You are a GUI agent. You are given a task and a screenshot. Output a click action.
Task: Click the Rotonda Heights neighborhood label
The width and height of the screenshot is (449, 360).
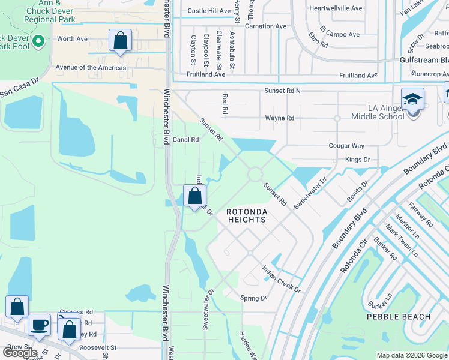click(x=246, y=216)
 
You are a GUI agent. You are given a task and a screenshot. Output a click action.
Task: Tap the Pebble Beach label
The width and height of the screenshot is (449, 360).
click(x=399, y=317)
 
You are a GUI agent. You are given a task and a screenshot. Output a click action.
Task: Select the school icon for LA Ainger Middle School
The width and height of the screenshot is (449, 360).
click(x=413, y=98)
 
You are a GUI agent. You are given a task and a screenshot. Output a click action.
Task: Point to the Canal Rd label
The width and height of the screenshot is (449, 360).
click(x=185, y=140)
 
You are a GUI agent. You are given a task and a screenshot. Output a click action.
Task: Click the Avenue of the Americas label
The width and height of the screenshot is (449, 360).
click(x=91, y=67)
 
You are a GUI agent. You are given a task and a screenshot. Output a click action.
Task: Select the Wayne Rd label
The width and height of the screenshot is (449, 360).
click(x=279, y=118)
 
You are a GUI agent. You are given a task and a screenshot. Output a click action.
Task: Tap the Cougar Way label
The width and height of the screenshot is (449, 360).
click(x=346, y=146)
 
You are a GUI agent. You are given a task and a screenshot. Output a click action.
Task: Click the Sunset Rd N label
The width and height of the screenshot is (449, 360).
click(x=282, y=91)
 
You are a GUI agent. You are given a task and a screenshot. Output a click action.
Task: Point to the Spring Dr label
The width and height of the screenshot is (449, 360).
click(x=253, y=298)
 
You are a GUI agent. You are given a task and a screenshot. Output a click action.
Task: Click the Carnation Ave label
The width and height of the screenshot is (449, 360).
click(x=266, y=26)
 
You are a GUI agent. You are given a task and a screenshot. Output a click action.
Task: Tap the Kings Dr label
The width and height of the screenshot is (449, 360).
click(x=357, y=160)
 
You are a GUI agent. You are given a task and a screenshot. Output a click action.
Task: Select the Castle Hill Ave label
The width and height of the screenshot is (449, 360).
click(x=209, y=11)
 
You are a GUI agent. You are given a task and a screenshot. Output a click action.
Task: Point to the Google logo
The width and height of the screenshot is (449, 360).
click(x=20, y=352)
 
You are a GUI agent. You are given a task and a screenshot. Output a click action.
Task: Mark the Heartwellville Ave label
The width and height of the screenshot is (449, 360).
click(x=336, y=8)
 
